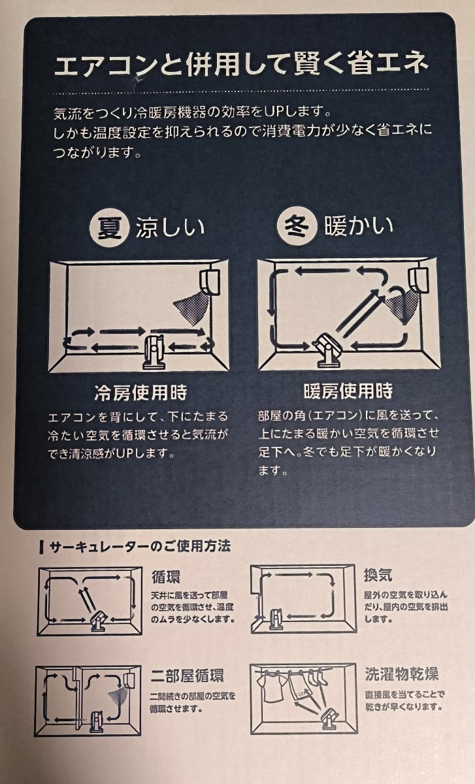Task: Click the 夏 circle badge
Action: click(110, 228)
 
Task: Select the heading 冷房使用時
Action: click(140, 393)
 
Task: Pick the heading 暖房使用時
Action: click(348, 391)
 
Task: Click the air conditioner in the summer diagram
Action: click(210, 282)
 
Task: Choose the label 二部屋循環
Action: click(188, 676)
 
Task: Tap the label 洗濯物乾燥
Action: click(401, 674)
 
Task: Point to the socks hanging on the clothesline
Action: click(316, 678)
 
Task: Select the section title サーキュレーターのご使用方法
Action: click(140, 546)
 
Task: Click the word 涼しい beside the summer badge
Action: click(170, 227)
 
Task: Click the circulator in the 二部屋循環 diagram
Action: click(95, 721)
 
